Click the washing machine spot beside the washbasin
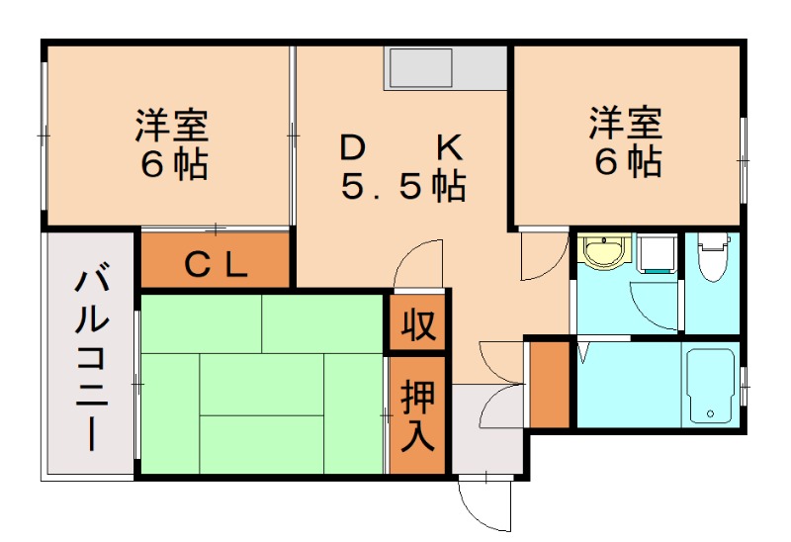pos(656,255)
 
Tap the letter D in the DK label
pos(352,148)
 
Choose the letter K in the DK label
pos(450,148)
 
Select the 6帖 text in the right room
pos(627,160)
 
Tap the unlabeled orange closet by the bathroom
pos(550,385)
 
